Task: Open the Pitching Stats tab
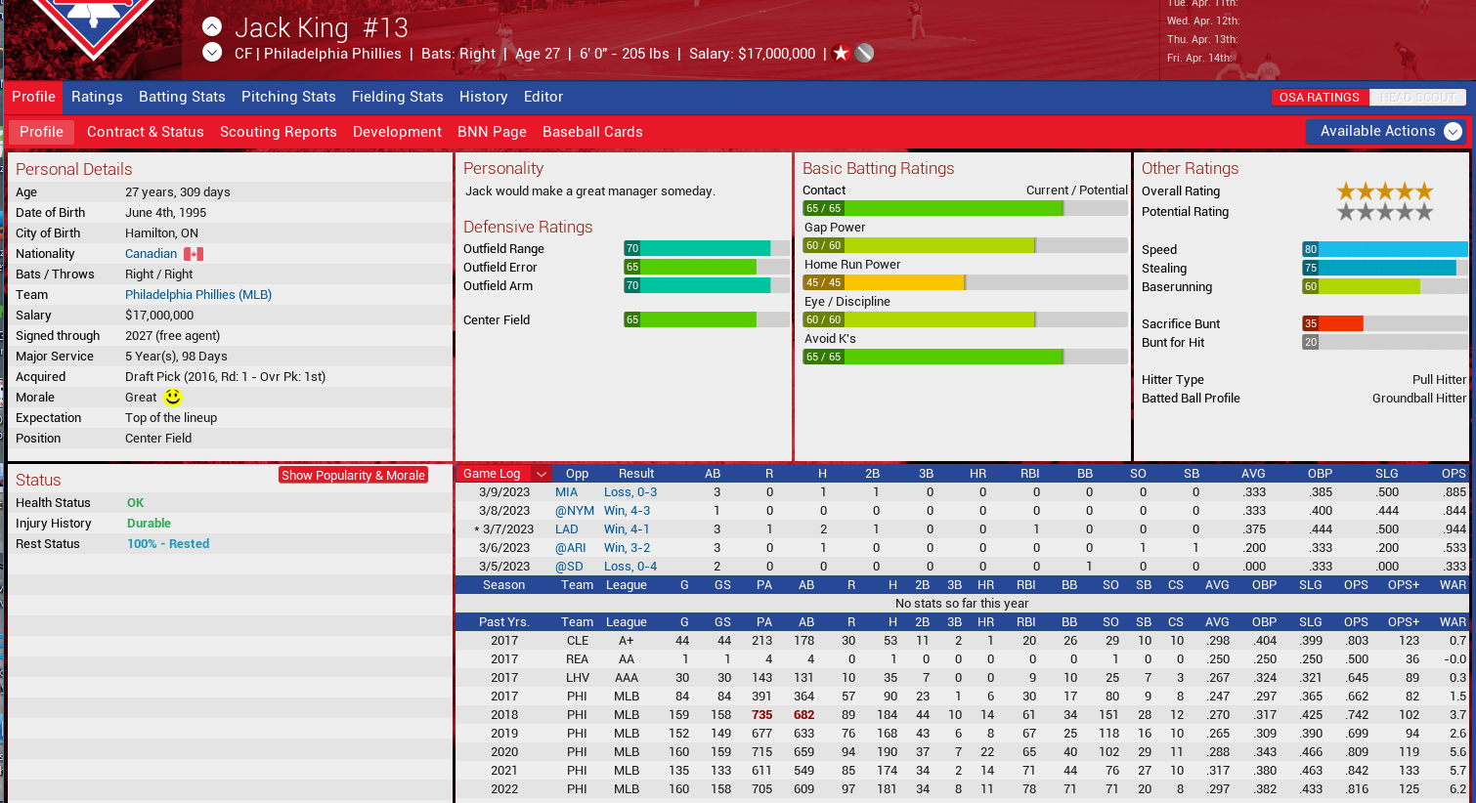(x=288, y=97)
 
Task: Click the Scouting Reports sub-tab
(x=278, y=132)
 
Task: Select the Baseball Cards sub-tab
(x=592, y=132)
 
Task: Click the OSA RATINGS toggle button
(x=1319, y=98)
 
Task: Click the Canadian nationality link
(x=151, y=254)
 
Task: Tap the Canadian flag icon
(x=194, y=254)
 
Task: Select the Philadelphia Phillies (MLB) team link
(x=198, y=295)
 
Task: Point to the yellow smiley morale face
(x=173, y=398)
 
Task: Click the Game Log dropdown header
(x=503, y=474)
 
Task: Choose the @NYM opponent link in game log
(x=575, y=511)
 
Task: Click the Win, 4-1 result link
(x=626, y=529)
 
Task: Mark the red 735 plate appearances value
(x=762, y=715)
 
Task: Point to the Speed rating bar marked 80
(x=1384, y=249)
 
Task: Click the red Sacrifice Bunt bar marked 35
(x=1332, y=323)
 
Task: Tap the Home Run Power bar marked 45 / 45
(x=884, y=282)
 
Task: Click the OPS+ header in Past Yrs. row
(x=1403, y=622)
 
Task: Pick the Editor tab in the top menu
(x=543, y=97)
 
